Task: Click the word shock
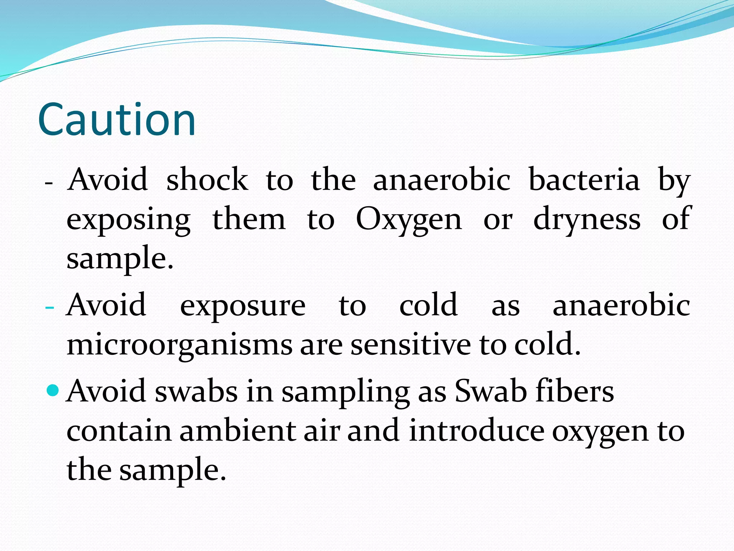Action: click(207, 179)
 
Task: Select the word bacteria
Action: click(584, 179)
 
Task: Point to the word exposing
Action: click(128, 220)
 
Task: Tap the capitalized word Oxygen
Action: click(409, 220)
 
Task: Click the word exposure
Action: click(243, 306)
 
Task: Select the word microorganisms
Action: click(179, 345)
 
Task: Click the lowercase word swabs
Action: click(196, 391)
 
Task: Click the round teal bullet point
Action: click(53, 390)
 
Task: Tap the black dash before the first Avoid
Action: click(49, 183)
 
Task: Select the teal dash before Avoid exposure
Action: click(50, 308)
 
